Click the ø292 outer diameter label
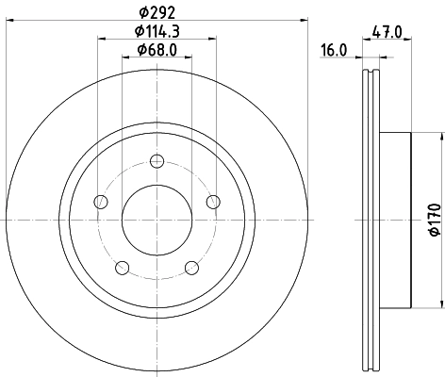point(157,13)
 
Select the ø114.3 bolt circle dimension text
point(157,33)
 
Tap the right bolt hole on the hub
point(213,201)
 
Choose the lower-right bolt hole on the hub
point(191,267)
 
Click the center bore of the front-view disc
point(157,219)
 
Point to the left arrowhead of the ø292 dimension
point(9,21)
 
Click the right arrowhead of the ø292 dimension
point(305,21)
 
